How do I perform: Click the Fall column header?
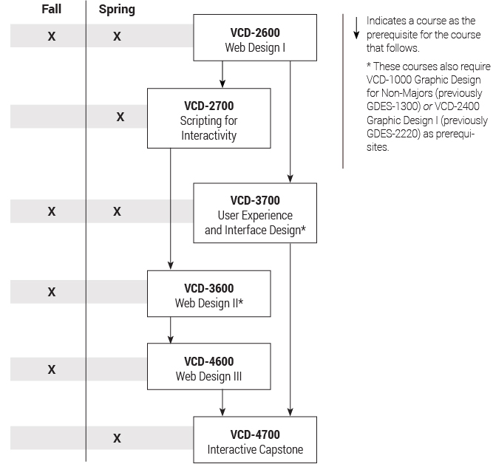click(x=51, y=10)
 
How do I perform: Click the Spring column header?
click(x=117, y=10)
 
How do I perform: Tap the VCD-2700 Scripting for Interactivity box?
click(x=208, y=118)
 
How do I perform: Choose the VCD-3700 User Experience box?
click(x=254, y=214)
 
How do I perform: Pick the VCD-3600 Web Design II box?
click(x=208, y=293)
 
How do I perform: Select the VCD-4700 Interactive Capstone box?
click(x=254, y=440)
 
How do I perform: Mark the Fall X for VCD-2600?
click(x=52, y=35)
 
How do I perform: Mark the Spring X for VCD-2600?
click(x=118, y=35)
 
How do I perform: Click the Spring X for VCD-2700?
click(x=120, y=117)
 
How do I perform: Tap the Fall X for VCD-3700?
click(x=52, y=211)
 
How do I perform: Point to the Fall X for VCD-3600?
click(x=52, y=292)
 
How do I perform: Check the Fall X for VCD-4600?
click(x=52, y=369)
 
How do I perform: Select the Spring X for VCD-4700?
click(x=117, y=438)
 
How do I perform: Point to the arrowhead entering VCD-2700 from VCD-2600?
click(x=222, y=85)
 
